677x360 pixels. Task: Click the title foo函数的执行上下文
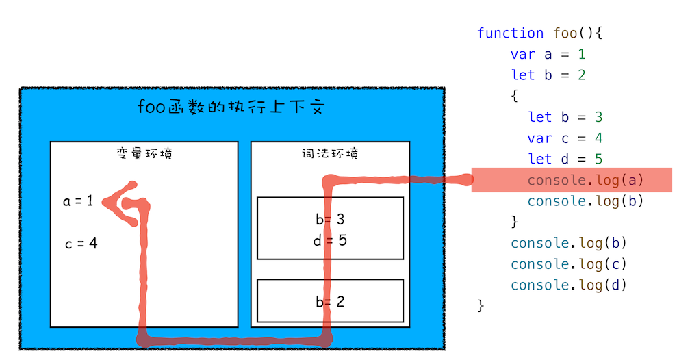coord(230,108)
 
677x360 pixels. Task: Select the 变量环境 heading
coord(144,153)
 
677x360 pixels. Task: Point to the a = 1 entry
coord(78,201)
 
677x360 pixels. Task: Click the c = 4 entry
coord(81,243)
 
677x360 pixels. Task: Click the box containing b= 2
coord(331,300)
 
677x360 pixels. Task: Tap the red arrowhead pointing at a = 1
coord(114,203)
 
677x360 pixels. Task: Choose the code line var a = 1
coord(548,54)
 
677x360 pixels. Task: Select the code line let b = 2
coord(548,75)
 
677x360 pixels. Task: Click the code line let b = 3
coord(565,116)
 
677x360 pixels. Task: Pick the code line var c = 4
coord(565,138)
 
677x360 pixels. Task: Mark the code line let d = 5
coord(565,159)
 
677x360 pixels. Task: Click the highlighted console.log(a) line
coord(585,180)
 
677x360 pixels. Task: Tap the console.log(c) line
coord(568,264)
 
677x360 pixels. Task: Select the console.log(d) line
coord(568,285)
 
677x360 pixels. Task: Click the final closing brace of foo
coord(481,305)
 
